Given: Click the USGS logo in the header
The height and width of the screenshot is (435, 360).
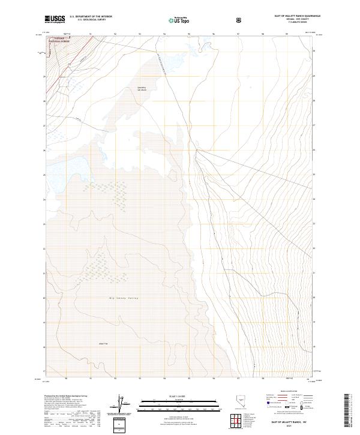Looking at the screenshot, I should pos(55,19).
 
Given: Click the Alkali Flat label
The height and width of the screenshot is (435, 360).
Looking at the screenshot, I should pos(103,343).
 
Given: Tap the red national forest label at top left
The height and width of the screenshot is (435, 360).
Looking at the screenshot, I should pos(59,40).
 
